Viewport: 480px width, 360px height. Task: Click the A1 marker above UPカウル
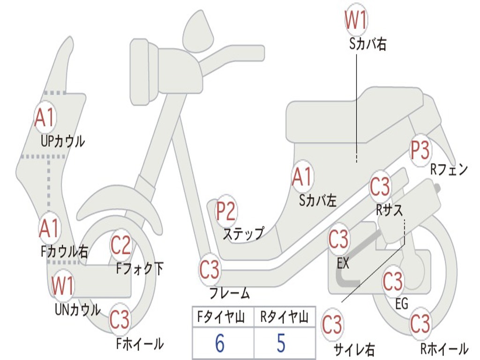point(45,118)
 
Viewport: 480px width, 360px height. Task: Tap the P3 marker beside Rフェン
point(420,150)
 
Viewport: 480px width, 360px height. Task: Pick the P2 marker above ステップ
point(226,211)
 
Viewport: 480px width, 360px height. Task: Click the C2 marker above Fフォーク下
point(121,245)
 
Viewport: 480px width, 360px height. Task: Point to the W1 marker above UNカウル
point(63,285)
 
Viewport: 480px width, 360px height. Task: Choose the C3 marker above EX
point(338,240)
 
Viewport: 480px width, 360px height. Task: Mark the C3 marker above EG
point(393,281)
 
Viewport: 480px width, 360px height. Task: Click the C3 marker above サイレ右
point(332,324)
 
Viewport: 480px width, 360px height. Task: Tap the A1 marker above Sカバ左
point(302,177)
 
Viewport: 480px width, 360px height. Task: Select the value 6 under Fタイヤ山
point(219,344)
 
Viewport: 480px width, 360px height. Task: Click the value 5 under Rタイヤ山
point(281,344)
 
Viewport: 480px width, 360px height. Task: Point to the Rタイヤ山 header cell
point(284,318)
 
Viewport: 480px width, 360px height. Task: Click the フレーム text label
point(230,294)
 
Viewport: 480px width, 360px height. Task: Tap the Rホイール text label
point(444,349)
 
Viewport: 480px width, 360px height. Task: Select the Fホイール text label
point(140,344)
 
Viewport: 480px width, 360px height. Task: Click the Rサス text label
point(389,210)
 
